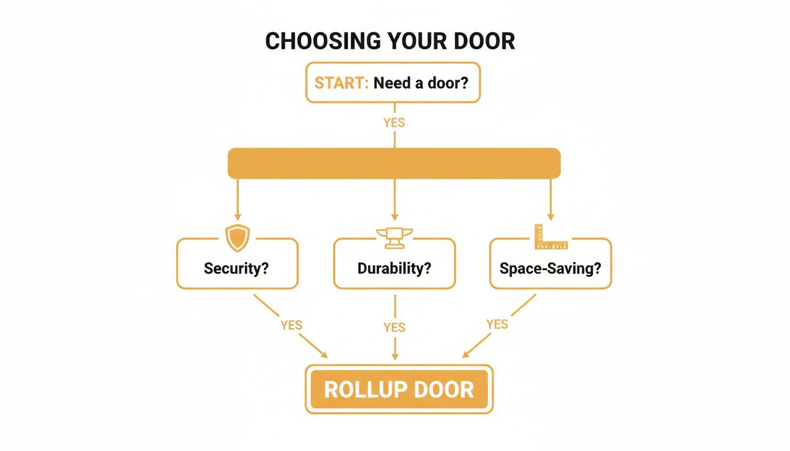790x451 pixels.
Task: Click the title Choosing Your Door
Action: (x=390, y=41)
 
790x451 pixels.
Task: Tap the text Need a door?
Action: (x=421, y=83)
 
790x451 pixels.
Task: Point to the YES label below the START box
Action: (x=394, y=123)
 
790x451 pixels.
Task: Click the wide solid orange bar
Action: (x=394, y=163)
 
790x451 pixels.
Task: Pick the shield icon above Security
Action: (x=237, y=238)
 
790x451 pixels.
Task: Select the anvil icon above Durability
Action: (x=394, y=237)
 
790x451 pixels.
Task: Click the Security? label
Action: (x=236, y=268)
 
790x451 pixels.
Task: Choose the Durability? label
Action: (x=394, y=268)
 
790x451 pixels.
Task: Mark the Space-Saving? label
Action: (x=550, y=268)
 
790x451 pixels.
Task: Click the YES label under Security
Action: (x=292, y=325)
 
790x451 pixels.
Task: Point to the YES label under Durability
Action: (x=394, y=327)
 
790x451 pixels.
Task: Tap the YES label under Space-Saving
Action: (x=497, y=324)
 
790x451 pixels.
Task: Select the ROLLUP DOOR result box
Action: (x=399, y=389)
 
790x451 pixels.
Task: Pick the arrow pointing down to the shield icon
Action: (x=237, y=200)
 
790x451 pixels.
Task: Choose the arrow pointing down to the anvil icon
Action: (x=394, y=200)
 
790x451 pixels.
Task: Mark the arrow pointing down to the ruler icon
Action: (x=551, y=200)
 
